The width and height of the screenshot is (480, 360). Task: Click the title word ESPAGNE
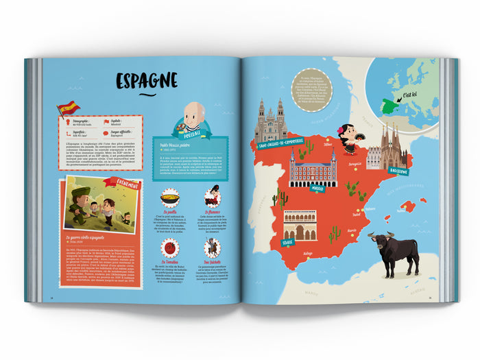(x=147, y=80)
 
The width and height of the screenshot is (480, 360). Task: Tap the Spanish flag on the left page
(x=68, y=108)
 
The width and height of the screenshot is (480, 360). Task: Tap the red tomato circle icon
(x=169, y=248)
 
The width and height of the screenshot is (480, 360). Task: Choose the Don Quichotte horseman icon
(x=213, y=248)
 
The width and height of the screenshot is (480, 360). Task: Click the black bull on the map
(x=393, y=250)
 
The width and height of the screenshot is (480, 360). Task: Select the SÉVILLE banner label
(x=287, y=242)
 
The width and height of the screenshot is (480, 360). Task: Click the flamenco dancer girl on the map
(x=348, y=138)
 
